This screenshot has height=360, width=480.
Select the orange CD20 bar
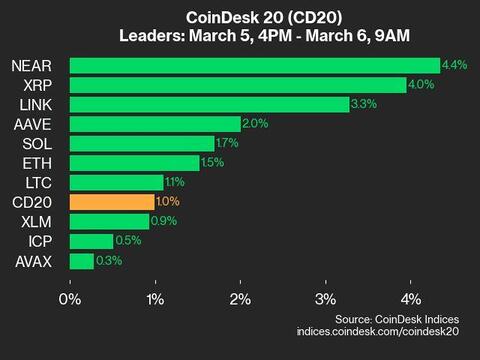[x=112, y=202]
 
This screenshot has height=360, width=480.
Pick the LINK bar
[x=209, y=104]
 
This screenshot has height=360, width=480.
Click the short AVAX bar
[x=82, y=261]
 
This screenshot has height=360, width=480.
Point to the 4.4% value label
[x=454, y=65]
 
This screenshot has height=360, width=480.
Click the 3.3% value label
[x=364, y=104]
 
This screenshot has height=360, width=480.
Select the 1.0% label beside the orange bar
[x=169, y=202]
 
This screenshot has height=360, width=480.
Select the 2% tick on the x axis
[x=240, y=299]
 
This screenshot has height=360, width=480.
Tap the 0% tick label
[x=70, y=299]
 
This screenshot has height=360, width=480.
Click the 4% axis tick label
[x=410, y=299]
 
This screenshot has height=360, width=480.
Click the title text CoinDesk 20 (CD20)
[x=240, y=17]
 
